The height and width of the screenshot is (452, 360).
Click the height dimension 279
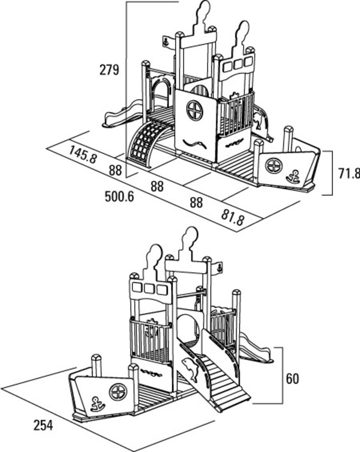109,70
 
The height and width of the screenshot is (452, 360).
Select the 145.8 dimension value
83,154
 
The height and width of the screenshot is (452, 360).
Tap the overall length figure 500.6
119,196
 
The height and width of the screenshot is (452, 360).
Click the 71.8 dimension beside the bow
349,173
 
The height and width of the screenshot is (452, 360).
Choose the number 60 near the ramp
293,378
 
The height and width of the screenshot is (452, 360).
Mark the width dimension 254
43,425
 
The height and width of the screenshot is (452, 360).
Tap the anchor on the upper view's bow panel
293,177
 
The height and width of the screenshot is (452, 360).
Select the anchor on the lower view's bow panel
98,404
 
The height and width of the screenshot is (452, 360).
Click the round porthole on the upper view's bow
273,166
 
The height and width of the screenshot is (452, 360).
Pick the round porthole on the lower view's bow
118,392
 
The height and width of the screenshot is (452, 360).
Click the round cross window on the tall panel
194,110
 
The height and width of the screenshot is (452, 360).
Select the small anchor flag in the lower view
220,268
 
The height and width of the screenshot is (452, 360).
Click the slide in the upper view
123,114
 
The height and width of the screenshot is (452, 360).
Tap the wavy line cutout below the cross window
194,143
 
